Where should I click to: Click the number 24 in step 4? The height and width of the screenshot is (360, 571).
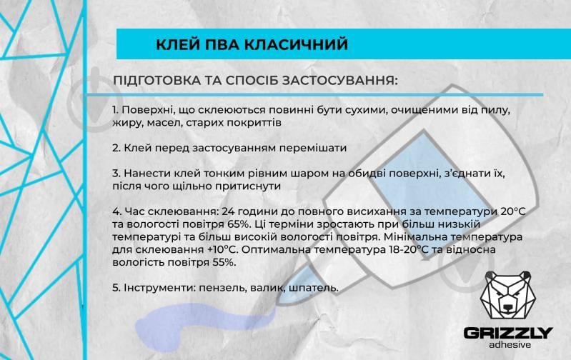[229, 211]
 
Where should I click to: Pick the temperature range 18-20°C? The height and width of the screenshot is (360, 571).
[418, 249]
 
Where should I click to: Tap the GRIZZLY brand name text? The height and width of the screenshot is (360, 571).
[508, 333]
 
